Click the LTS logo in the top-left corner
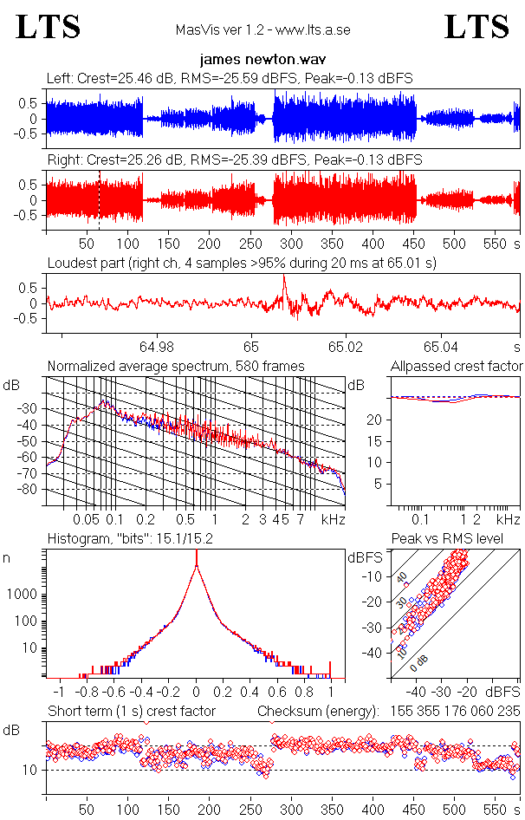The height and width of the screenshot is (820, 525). [49, 27]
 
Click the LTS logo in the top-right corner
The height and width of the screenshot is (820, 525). [476, 27]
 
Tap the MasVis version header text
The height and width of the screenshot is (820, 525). [262, 30]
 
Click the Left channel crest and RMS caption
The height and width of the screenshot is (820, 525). [230, 78]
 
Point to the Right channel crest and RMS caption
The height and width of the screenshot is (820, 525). [234, 160]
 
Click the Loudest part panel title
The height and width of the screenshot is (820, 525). [241, 263]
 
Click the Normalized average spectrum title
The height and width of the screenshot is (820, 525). [176, 367]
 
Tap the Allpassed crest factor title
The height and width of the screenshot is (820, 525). [457, 367]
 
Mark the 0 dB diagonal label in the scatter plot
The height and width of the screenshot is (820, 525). [418, 661]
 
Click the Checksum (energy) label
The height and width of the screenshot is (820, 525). [318, 712]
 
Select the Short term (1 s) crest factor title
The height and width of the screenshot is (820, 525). [131, 712]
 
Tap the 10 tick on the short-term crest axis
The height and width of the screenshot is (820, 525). [29, 770]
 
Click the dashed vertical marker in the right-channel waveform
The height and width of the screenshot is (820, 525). [100, 199]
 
